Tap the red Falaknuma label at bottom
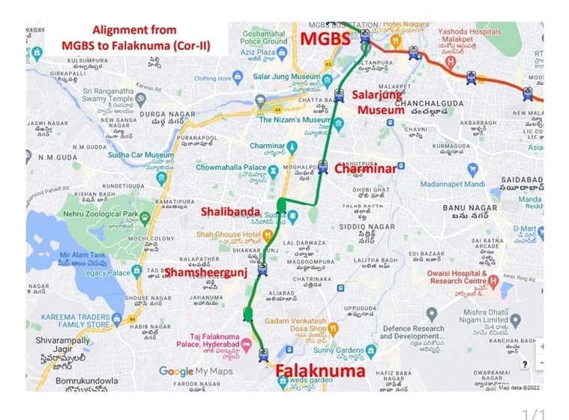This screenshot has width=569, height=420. [319, 371]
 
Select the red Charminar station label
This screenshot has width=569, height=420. [364, 169]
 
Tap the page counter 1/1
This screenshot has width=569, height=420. [533, 414]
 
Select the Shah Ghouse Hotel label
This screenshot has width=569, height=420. [229, 235]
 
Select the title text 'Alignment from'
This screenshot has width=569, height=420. [134, 31]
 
